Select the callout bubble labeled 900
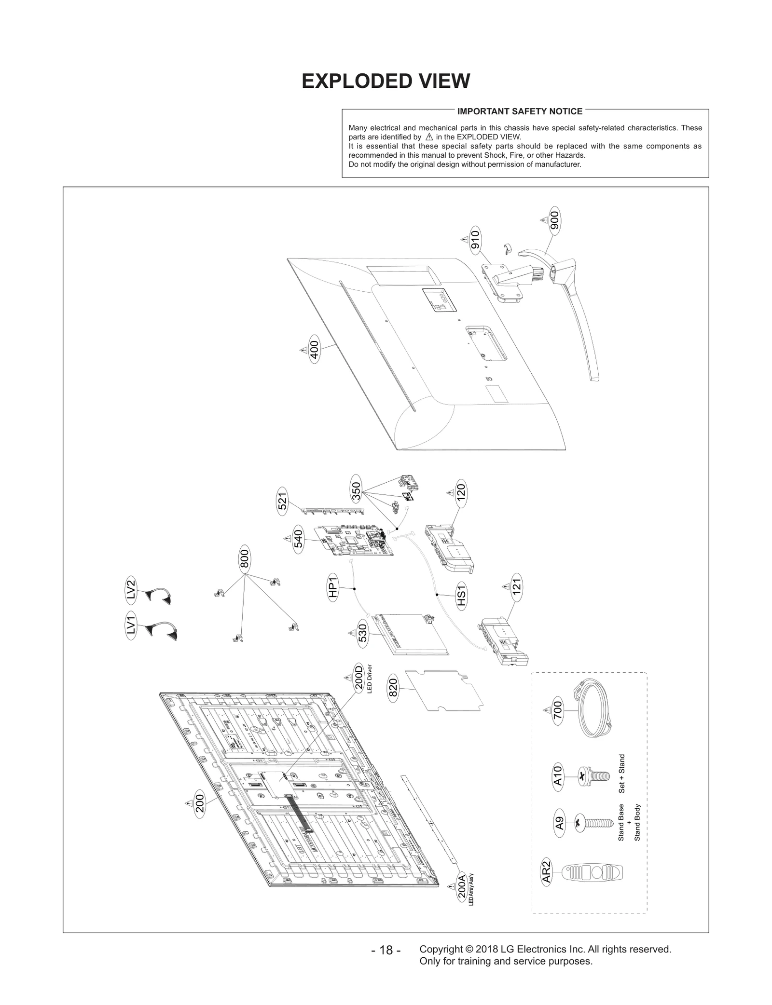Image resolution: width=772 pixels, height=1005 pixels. [x=554, y=221]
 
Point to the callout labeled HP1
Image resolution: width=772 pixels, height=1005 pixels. [x=333, y=589]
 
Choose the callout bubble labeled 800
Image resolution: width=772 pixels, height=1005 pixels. [x=245, y=560]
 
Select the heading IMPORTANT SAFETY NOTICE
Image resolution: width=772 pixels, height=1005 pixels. [x=520, y=111]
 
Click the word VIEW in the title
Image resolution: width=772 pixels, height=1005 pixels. [x=438, y=81]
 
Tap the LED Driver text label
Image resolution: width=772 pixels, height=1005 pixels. [x=370, y=679]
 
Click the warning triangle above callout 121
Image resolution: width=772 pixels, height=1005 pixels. [x=506, y=587]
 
